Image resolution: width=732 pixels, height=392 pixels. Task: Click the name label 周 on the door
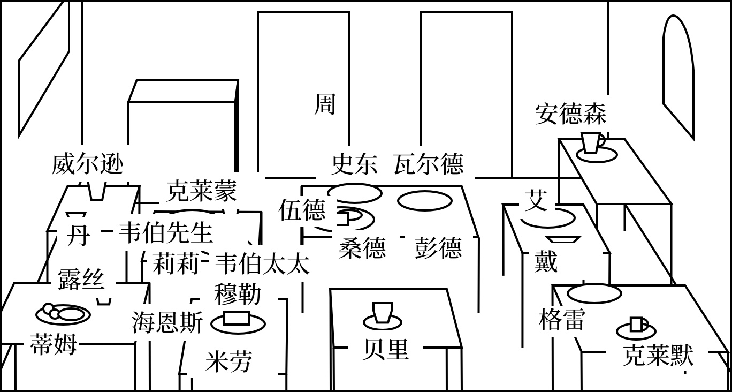coord(325,104)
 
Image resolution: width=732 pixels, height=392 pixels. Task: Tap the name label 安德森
coord(570,114)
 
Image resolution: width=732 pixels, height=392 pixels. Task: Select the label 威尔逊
coord(88,164)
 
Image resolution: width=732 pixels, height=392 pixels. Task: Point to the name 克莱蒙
coord(201,191)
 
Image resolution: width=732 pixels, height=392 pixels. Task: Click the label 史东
coord(354,164)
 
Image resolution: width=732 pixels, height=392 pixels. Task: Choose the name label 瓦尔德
coord(428,164)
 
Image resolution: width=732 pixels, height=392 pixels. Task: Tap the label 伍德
coord(302,210)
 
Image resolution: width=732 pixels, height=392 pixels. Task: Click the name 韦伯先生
coord(166,233)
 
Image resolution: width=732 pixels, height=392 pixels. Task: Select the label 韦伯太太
coord(262,264)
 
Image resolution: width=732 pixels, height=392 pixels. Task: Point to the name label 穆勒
coord(238,294)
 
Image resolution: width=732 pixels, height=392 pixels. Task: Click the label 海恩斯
coord(167,323)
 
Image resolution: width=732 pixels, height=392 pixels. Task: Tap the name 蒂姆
coord(54,344)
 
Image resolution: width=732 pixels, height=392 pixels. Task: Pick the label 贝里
coord(385,350)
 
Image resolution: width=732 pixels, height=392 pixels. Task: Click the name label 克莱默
coord(658,355)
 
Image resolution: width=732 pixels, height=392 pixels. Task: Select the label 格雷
coord(561,320)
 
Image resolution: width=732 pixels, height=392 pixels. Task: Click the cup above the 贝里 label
coord(383,313)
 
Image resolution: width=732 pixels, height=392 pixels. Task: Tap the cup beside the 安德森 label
coord(592,143)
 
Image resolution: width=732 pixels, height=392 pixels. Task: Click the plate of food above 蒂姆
coord(63,314)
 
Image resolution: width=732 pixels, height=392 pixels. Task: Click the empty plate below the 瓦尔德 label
coord(425,201)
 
